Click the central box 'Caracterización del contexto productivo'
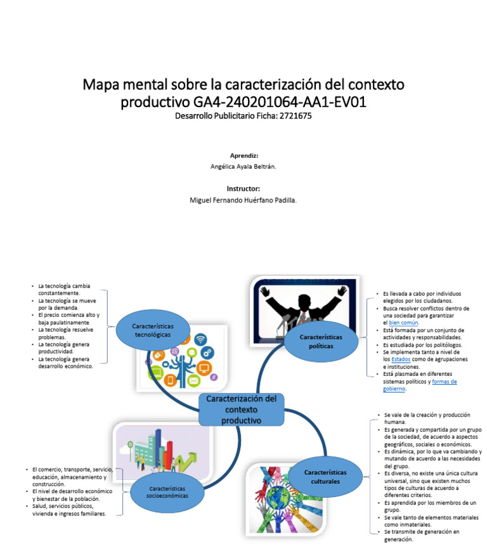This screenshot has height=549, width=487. tap(241, 410)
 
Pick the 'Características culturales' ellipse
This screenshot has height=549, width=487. tap(325, 477)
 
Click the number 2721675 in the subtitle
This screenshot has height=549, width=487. tap(292, 117)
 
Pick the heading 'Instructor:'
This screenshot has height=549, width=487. tap(243, 188)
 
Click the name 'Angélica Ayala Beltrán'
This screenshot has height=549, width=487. tap(243, 167)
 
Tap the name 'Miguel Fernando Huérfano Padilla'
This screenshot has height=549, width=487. tap(243, 200)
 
